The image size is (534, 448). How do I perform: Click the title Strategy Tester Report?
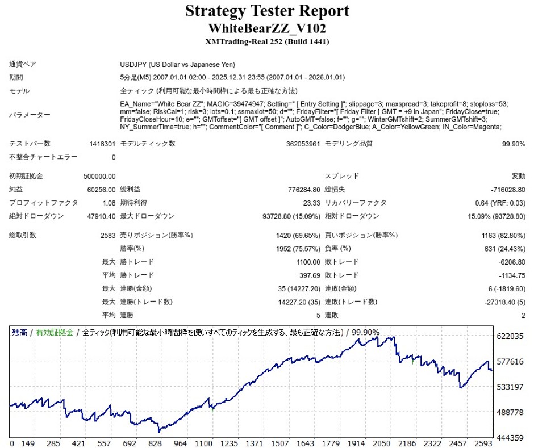point(267,11)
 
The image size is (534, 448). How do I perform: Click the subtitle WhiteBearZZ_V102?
point(267,28)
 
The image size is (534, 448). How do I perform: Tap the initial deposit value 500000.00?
point(99,177)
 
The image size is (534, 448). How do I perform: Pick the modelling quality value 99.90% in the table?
point(514,144)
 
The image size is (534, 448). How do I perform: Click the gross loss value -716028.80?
point(506,190)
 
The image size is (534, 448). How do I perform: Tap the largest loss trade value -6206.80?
point(510,262)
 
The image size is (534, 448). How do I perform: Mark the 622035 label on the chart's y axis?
point(510,337)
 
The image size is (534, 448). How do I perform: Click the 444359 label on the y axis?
point(510,438)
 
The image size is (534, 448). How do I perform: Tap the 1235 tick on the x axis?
point(229,443)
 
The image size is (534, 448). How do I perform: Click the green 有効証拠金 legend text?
point(55,333)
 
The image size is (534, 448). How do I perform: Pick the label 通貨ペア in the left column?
point(23,65)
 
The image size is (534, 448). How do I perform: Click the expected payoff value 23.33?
point(312,203)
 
